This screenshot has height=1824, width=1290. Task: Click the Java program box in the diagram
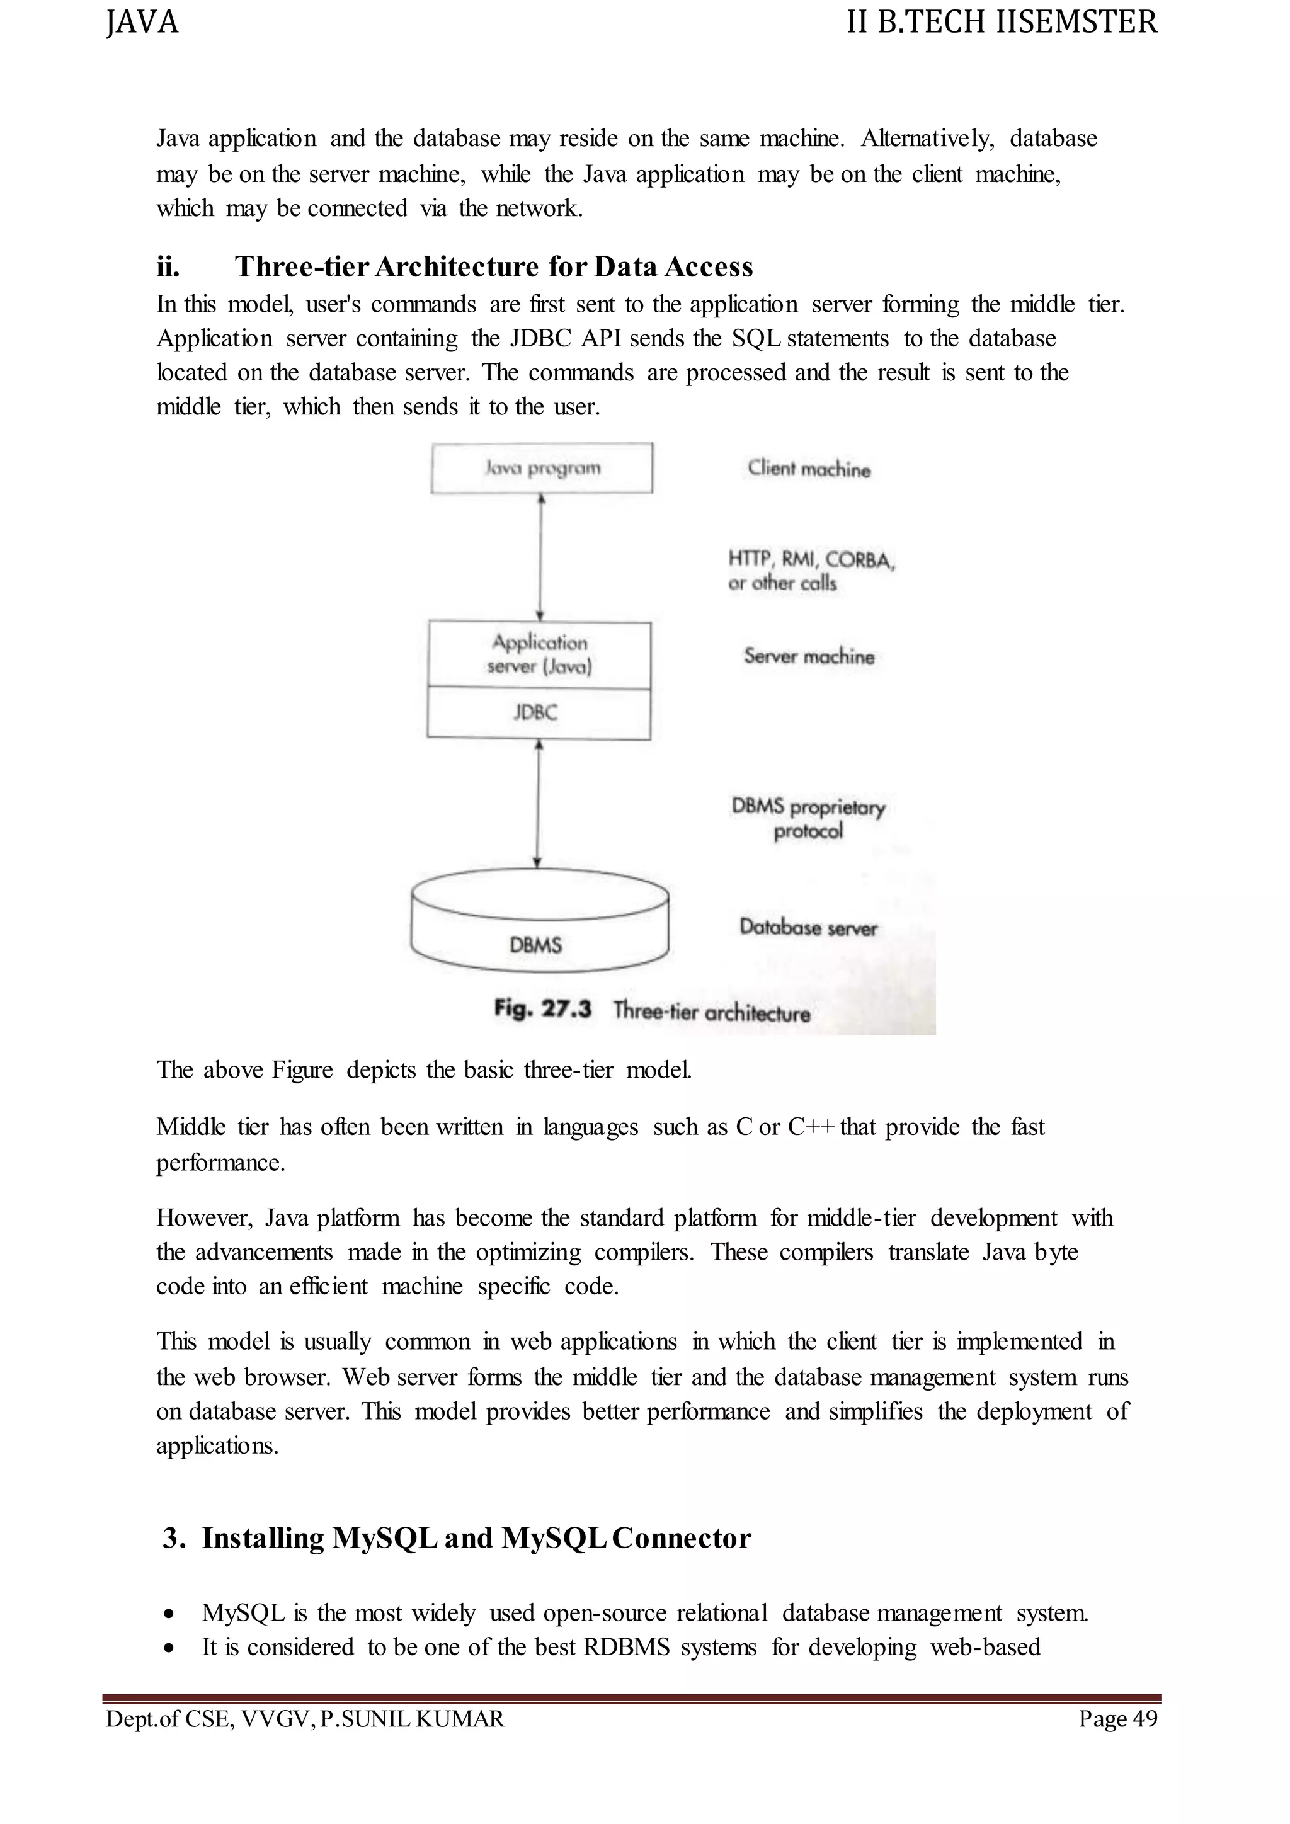[x=542, y=468]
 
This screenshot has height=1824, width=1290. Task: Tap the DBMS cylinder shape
[x=539, y=921]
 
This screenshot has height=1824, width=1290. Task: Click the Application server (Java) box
[x=539, y=654]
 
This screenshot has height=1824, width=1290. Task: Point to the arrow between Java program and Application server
[x=541, y=556]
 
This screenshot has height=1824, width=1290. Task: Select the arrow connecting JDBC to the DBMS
[x=538, y=804]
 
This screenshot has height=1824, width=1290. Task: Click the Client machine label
[x=809, y=469]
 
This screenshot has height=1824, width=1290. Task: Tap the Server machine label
[x=809, y=656]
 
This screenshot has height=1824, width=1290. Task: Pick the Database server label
[x=808, y=927]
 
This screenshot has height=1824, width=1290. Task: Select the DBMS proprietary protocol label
[x=808, y=818]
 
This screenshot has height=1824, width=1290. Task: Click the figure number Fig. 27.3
[x=542, y=1009]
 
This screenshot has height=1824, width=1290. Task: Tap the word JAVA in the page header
[x=142, y=22]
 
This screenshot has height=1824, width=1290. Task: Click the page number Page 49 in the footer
[x=1117, y=1718]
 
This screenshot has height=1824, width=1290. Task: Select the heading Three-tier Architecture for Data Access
[x=493, y=267]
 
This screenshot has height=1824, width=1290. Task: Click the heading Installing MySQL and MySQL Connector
[x=476, y=1537]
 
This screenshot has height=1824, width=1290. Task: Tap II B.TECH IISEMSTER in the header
[x=1002, y=22]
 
